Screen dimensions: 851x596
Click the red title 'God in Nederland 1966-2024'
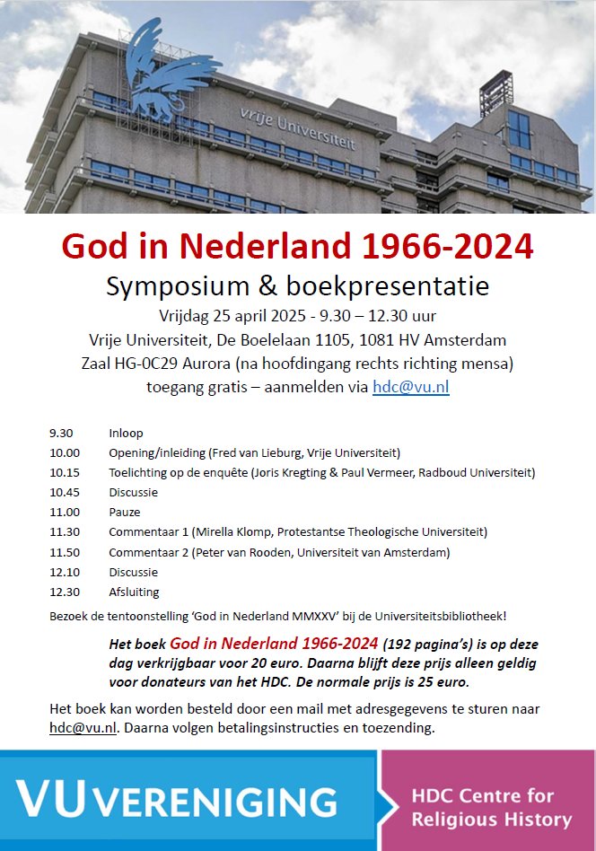pos(297,246)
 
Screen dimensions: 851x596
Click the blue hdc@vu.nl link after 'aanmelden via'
pos(410,387)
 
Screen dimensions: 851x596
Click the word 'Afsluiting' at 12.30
pos(134,592)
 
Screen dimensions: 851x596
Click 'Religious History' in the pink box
pos(491,819)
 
